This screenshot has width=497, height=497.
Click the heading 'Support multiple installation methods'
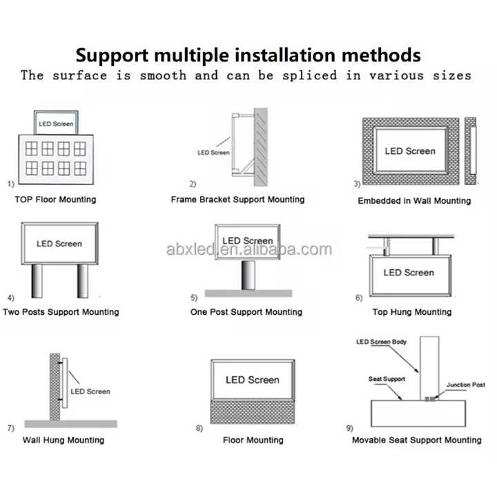[248, 54]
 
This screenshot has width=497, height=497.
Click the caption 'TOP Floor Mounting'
[55, 199]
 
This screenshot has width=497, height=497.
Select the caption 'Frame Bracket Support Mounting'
[237, 199]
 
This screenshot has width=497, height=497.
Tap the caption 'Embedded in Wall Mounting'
[414, 201]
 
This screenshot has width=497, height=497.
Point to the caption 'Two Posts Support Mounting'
[61, 312]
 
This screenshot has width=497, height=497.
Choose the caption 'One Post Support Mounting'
[246, 312]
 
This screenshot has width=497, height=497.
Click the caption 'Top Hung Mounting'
[412, 312]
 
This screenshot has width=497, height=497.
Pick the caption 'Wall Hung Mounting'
[64, 440]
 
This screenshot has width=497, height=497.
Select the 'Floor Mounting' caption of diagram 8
[253, 440]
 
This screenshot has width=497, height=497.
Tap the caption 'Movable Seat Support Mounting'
[417, 440]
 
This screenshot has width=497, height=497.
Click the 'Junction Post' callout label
[465, 384]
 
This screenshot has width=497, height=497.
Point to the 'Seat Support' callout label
[387, 379]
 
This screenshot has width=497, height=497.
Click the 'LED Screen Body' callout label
[382, 342]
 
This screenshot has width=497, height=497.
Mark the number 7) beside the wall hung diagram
[11, 428]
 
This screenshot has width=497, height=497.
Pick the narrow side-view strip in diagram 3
[471, 151]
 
